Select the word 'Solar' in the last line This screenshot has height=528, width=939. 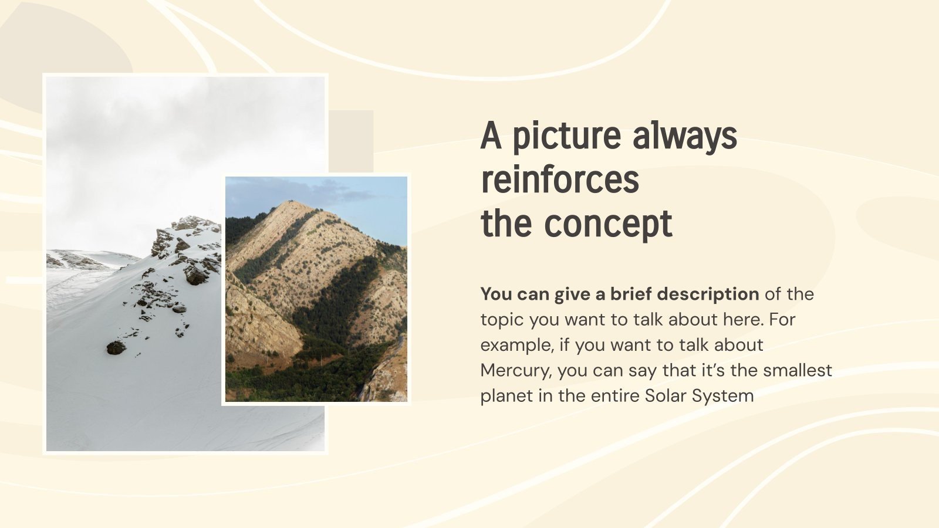(666, 396)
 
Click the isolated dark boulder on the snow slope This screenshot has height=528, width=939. (116, 347)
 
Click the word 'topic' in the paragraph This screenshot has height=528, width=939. (502, 320)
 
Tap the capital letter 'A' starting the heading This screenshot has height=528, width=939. (491, 137)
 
